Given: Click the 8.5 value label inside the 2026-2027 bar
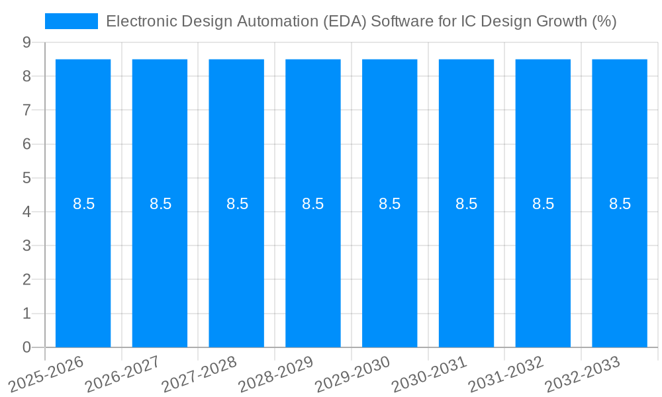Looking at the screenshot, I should (160, 204).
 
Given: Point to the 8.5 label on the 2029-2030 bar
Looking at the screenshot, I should (390, 204).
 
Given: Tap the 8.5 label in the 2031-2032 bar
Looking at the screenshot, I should (543, 204).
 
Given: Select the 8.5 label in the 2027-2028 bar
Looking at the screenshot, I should (237, 204).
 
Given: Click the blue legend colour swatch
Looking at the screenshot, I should (71, 21).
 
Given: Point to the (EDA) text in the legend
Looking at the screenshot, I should (345, 21).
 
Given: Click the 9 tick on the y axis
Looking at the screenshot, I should (26, 42).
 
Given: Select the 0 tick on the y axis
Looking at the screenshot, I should (26, 347).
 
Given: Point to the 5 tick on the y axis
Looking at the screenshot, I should (26, 178).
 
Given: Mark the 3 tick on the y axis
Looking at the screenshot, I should (26, 245).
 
